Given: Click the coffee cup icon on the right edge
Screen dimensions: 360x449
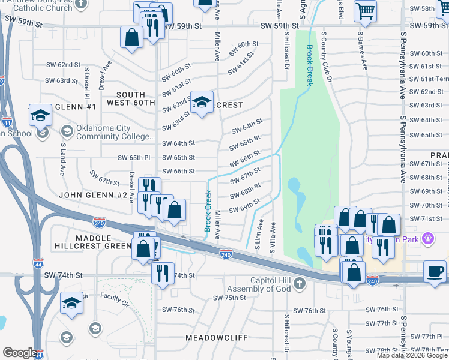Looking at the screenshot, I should [435, 271].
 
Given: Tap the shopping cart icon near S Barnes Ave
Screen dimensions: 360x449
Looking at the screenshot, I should [365, 11].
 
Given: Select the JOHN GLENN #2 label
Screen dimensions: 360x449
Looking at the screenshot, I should [93, 195].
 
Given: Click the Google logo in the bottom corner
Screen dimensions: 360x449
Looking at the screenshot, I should [20, 353].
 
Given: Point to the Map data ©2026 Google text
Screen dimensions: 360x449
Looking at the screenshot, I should [411, 355].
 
